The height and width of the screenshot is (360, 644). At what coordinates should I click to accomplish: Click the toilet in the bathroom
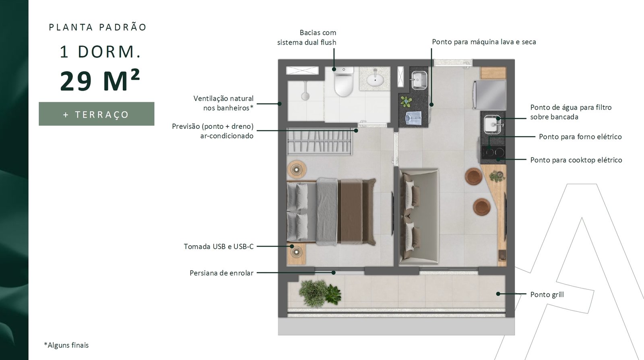344,81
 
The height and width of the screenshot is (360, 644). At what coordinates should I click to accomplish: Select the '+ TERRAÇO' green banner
97,114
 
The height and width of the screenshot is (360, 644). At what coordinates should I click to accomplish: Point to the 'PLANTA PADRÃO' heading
98,27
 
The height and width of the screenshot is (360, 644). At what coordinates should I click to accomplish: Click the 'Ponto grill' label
547,294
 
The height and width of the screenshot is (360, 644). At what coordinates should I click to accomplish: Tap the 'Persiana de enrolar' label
221,273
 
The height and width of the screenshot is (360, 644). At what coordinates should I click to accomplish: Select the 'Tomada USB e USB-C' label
219,246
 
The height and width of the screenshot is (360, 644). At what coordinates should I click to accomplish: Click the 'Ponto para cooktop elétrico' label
576,160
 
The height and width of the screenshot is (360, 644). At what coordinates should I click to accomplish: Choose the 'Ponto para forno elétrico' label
580,137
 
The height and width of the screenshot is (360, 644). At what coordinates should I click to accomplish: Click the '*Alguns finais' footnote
66,345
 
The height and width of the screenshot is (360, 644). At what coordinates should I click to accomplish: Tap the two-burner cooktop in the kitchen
493,152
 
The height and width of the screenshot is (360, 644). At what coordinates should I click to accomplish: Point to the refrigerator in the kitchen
490,95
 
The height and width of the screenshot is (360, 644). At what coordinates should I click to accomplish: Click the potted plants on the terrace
320,293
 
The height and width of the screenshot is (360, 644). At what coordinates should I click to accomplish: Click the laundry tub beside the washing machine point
419,80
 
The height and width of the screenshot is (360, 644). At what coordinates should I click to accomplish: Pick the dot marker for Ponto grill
498,294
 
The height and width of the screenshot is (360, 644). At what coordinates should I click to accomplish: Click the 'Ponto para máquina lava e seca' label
484,42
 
